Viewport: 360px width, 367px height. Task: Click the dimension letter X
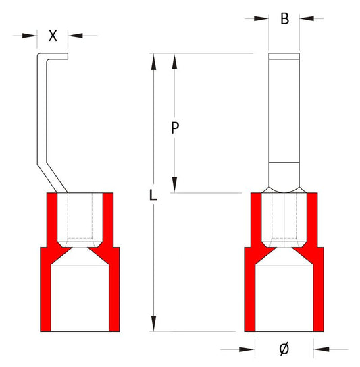pyautogui.click(x=55, y=35)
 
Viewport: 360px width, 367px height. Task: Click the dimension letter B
pyautogui.click(x=284, y=19)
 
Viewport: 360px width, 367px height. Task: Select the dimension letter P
pyautogui.click(x=174, y=129)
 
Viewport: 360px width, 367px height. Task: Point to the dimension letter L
pyautogui.click(x=153, y=196)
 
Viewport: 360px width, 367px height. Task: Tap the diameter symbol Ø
pyautogui.click(x=284, y=348)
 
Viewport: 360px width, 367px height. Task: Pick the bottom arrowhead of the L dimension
pyautogui.click(x=155, y=324)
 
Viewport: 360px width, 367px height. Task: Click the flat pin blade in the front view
pyautogui.click(x=284, y=108)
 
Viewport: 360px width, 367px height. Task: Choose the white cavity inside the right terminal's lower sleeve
pyautogui.click(x=284, y=297)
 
